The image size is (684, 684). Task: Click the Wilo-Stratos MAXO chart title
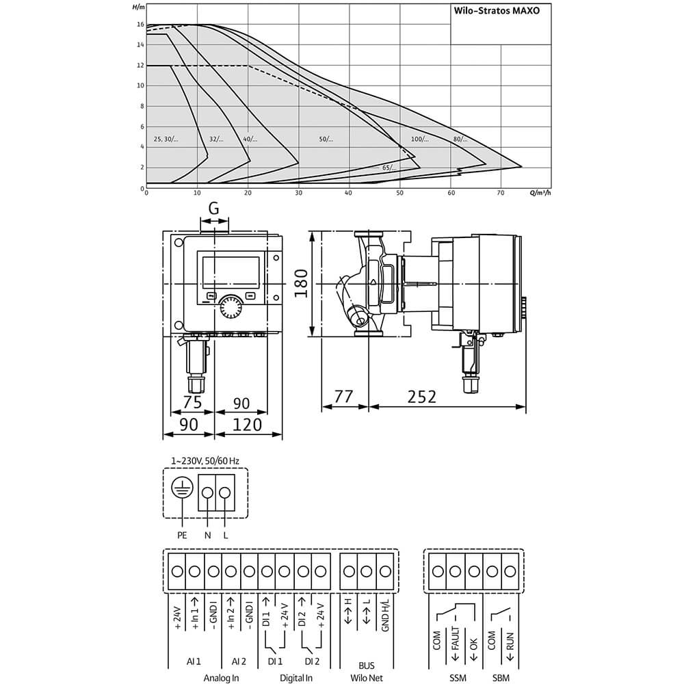coord(497,10)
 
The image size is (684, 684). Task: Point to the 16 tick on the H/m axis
coord(140,25)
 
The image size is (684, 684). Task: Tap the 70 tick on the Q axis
coord(501,193)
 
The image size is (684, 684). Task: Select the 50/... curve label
coord(326,139)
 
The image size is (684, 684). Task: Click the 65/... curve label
coord(390,168)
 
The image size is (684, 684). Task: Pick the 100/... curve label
coord(420,139)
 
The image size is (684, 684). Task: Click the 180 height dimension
coord(301,284)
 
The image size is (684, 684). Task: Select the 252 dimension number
coord(422,397)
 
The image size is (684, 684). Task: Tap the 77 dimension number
coord(344,397)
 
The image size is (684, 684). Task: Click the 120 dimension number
coord(247,425)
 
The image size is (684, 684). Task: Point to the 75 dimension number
coord(192,402)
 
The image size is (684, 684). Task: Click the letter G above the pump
coord(213,209)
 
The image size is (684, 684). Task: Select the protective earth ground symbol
coord(182,487)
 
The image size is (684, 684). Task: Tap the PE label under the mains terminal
coord(182,536)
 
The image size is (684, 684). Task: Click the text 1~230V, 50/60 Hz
coord(205,460)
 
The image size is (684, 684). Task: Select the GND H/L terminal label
coord(385,615)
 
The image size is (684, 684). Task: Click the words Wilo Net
coord(367,678)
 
